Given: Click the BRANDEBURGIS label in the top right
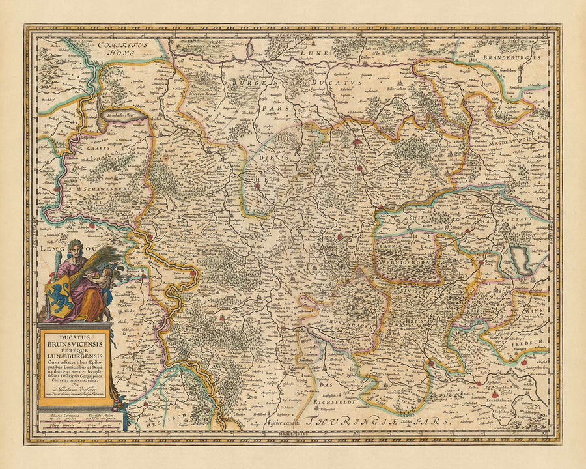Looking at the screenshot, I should coord(512,57).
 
